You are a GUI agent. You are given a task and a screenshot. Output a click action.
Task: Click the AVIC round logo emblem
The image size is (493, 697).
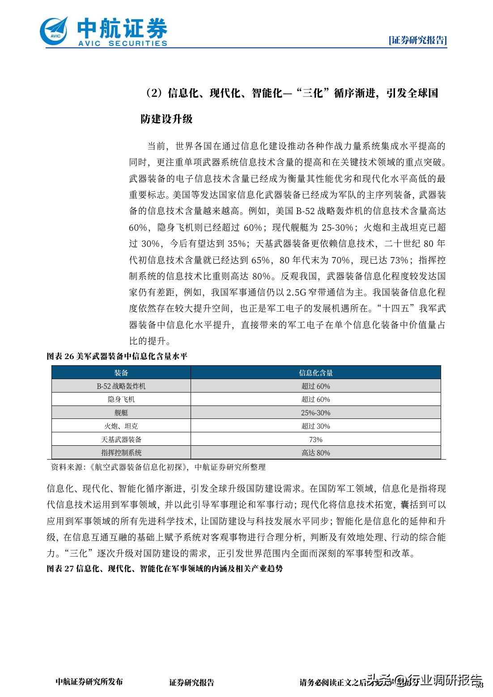54,31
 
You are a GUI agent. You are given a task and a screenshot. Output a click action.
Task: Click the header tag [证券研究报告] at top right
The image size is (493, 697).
417,40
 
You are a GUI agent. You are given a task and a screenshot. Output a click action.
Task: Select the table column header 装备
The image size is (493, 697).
121,373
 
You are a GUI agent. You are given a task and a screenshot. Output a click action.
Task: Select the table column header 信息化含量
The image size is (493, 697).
316,373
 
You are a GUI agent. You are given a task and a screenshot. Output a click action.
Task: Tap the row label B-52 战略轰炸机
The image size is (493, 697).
121,386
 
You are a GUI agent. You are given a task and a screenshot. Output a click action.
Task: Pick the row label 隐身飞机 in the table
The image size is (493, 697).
121,400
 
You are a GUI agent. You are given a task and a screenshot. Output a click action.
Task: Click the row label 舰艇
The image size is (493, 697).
121,413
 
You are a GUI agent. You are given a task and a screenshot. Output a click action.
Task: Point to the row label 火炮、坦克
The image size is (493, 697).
121,427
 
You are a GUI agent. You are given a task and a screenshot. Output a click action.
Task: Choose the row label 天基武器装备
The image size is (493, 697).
121,440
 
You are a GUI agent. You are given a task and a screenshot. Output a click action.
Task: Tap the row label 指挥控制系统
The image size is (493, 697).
121,453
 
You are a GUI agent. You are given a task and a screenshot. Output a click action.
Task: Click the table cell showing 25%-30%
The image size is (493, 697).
316,413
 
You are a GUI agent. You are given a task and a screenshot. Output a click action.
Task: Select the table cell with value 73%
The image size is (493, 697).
316,440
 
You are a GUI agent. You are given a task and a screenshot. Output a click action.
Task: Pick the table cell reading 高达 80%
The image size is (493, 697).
316,453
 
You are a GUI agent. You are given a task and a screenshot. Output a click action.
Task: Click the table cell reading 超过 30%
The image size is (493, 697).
316,427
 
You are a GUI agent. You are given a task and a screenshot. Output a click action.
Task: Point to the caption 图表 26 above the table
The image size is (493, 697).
117,356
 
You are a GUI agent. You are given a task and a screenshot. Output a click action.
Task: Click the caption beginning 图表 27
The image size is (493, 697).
165,569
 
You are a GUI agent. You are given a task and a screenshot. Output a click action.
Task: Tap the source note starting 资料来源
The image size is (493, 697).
158,467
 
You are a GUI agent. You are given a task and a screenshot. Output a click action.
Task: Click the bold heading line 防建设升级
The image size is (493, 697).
166,119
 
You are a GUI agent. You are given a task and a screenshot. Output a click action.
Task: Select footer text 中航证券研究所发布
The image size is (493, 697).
89,682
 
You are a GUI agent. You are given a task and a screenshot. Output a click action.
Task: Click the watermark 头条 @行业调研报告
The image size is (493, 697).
424,680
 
